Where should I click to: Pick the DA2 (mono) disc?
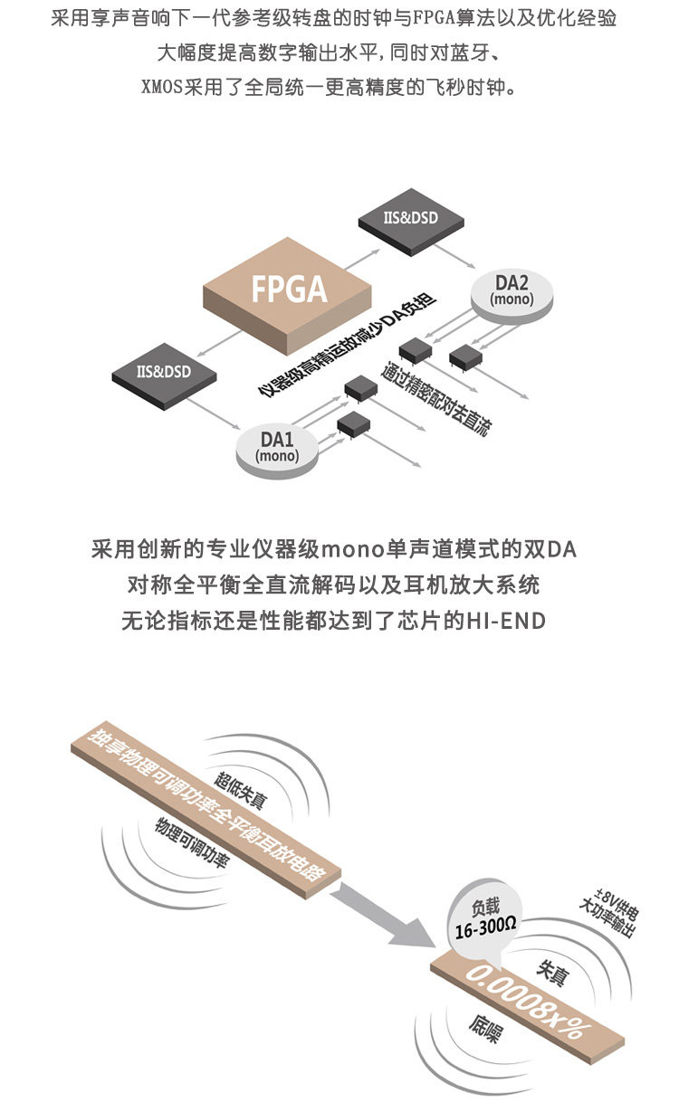coord(511,292)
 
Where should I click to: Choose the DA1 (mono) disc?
coord(278,446)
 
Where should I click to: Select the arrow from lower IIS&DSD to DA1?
coord(222,415)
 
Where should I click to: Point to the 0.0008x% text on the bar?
coord(529,1002)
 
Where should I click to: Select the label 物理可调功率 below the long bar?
coord(190,843)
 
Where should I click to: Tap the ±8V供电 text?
coord(598,908)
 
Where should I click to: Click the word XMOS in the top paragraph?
coord(162,90)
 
